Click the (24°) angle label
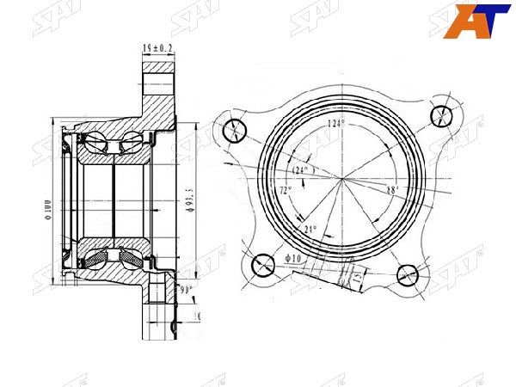(x=302, y=170)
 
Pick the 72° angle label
(x=284, y=189)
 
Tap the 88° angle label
(x=392, y=190)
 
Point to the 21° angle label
(x=311, y=229)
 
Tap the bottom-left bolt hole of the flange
(x=262, y=267)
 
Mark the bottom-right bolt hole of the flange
(x=408, y=273)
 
